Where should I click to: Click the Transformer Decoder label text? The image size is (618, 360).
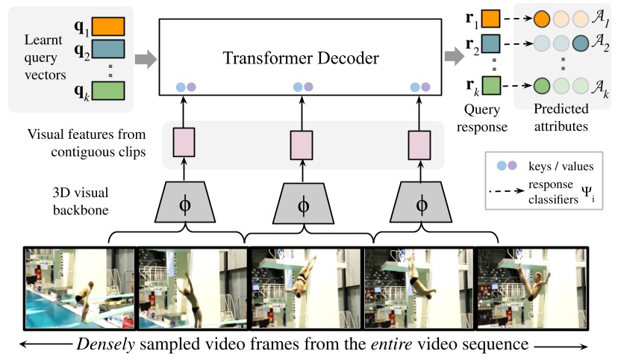302,57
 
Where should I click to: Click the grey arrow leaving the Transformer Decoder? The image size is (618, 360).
453,56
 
